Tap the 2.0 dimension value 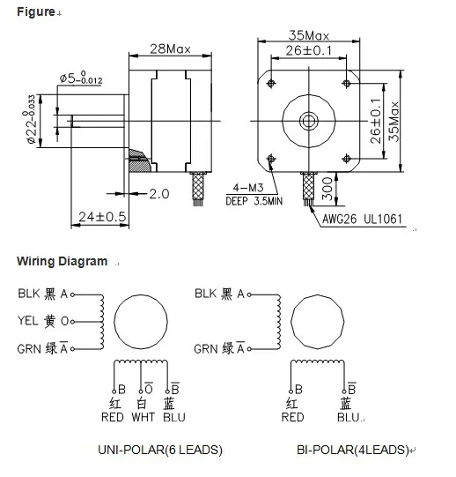(159, 193)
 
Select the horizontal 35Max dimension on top (308, 36)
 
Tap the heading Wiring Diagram (62, 262)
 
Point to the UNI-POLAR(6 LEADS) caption (159, 450)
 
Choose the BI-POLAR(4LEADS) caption (352, 450)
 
